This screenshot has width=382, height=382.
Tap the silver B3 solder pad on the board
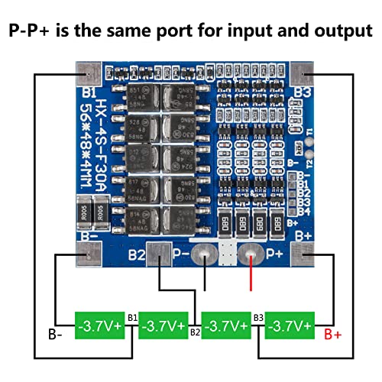pos(301,75)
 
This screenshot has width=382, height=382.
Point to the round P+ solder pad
pos(249,255)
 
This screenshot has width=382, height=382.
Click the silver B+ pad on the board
pos(300,254)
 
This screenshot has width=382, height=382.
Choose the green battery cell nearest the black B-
pos(100,325)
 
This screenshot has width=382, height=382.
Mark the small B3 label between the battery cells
pos(259,316)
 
